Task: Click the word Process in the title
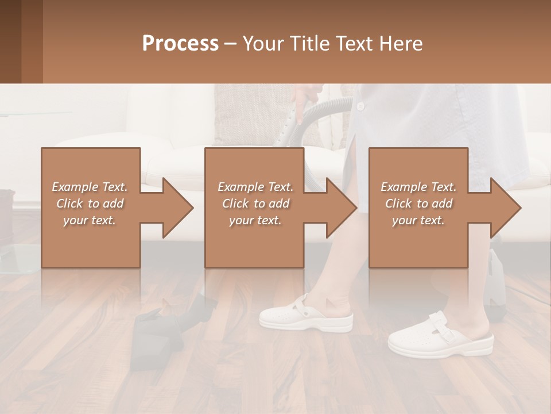click(x=180, y=43)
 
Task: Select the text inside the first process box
click(x=90, y=203)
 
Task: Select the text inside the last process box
click(x=418, y=203)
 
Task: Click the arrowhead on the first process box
click(x=178, y=208)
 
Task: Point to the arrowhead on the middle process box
click(x=342, y=208)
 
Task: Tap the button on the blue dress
click(x=360, y=106)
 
